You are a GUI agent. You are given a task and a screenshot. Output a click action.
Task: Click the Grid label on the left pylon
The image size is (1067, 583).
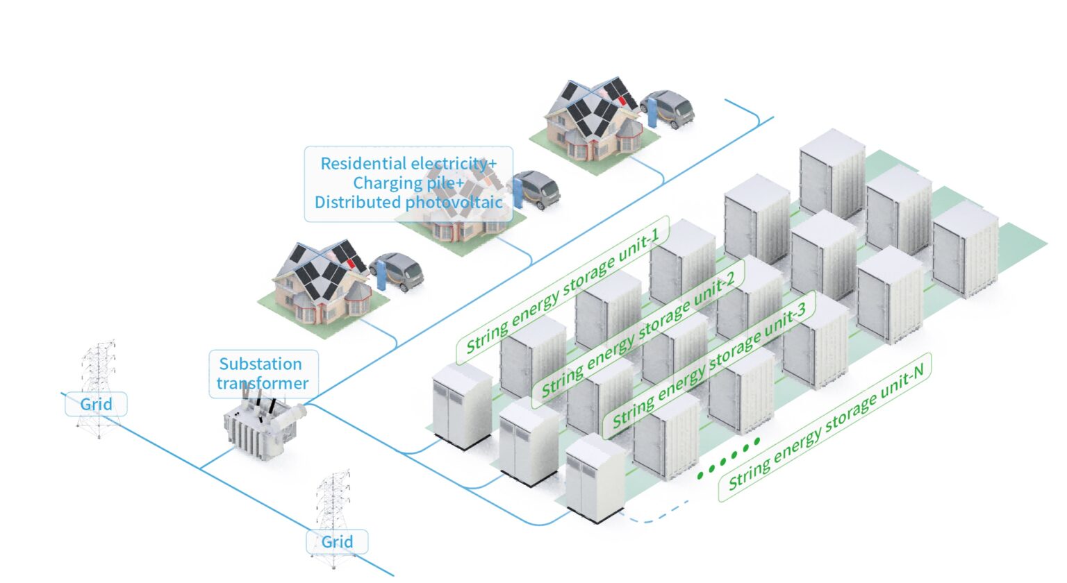[x=96, y=404]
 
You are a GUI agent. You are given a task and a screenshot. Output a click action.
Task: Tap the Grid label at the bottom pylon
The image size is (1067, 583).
[x=337, y=542]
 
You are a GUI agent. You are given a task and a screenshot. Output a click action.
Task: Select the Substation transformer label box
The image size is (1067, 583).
[x=263, y=373]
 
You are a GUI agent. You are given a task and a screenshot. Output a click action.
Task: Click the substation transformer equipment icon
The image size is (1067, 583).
[x=263, y=430]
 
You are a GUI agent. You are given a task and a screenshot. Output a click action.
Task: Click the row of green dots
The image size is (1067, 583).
[x=729, y=457]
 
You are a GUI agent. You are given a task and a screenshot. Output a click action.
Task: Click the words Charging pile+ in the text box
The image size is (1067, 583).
[x=408, y=183]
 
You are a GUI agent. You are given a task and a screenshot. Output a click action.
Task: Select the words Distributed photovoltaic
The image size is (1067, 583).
[x=408, y=203]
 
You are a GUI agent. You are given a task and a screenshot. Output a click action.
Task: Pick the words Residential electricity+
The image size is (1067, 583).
[x=408, y=164]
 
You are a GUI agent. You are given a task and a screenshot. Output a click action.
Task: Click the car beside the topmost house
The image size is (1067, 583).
[x=669, y=108]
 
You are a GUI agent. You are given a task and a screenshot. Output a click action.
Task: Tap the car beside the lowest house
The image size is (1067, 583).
[x=397, y=270]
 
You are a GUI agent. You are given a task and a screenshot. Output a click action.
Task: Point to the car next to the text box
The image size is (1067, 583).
[x=536, y=189]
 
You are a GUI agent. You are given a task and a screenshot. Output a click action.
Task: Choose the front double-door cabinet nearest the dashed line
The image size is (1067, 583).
[x=594, y=479]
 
